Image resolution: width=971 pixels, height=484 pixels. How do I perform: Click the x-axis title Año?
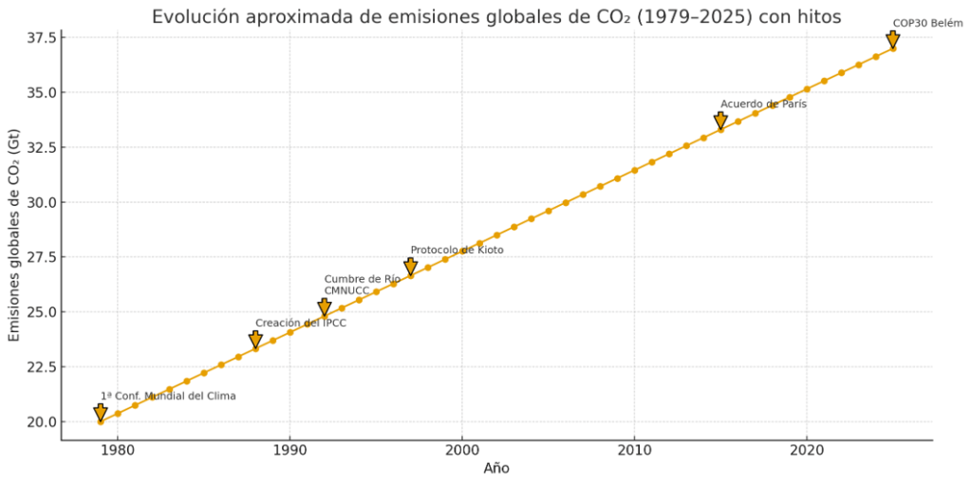(x=496, y=468)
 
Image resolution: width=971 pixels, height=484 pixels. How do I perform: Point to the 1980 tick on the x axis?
(x=118, y=449)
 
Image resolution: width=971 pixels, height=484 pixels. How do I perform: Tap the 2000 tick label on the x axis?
(x=462, y=449)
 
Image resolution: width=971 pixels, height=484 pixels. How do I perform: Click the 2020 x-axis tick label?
(x=807, y=449)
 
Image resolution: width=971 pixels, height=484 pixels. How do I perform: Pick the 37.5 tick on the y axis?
(x=40, y=37)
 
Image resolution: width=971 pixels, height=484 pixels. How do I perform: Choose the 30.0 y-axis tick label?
(x=40, y=202)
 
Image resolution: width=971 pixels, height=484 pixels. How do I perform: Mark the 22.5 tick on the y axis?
(x=40, y=367)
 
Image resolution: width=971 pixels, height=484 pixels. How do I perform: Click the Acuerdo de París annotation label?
(x=763, y=104)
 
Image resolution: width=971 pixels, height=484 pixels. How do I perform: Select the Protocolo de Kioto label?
(x=457, y=251)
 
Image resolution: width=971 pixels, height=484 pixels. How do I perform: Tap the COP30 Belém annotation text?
(x=927, y=24)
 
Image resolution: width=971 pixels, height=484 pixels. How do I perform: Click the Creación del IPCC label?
(x=300, y=324)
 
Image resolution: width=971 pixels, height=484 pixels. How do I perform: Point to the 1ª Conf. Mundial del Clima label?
(x=168, y=396)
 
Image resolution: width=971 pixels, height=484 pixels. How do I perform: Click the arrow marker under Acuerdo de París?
(x=721, y=121)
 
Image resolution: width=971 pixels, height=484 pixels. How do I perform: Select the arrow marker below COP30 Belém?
(x=893, y=40)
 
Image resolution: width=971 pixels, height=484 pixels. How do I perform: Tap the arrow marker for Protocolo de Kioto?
(x=411, y=268)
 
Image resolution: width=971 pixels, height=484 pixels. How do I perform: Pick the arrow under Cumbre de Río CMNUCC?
(x=325, y=307)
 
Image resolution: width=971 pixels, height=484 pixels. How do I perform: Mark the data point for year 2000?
(x=462, y=251)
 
